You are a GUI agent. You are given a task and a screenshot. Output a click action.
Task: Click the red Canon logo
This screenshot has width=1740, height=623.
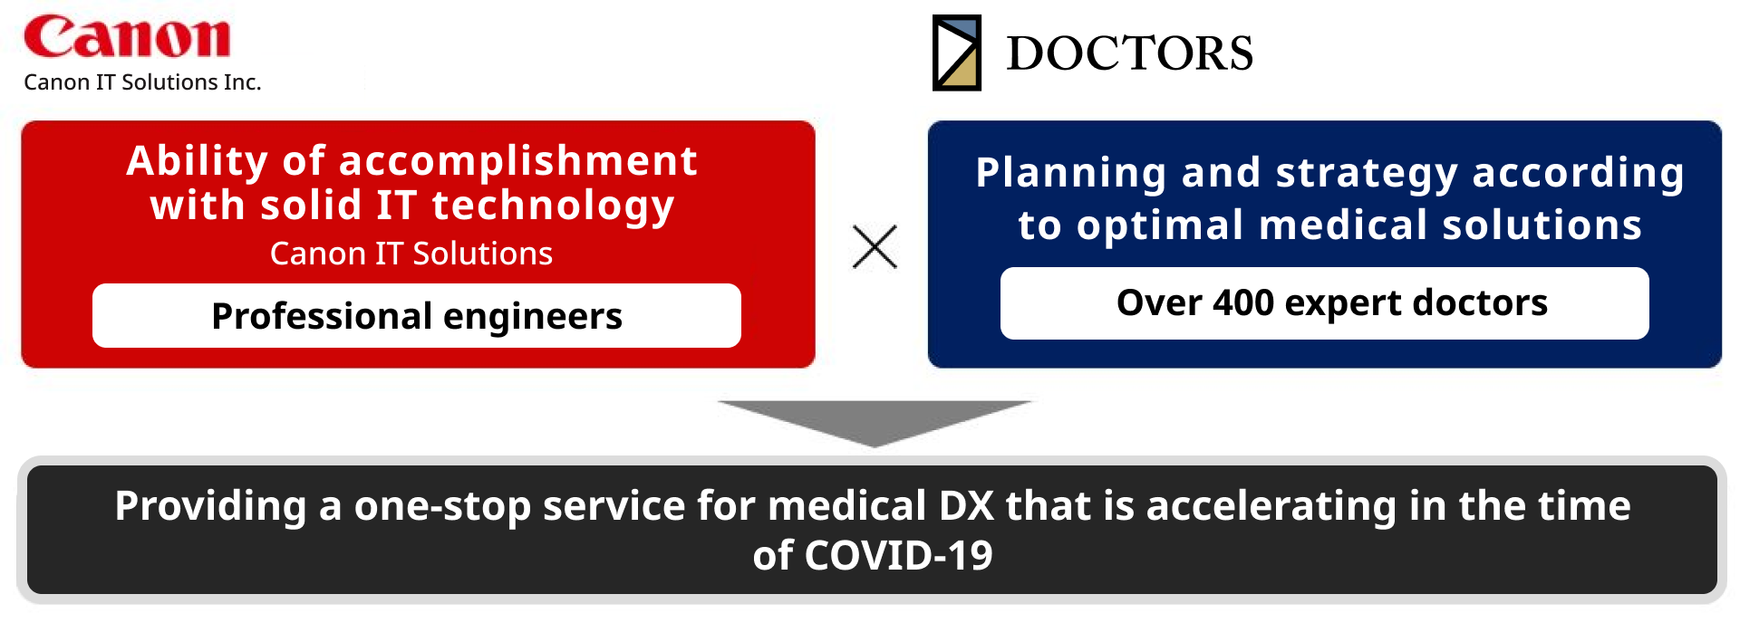pyautogui.click(x=127, y=37)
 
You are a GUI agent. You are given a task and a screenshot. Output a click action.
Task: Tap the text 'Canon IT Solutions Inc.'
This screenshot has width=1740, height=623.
pyautogui.click(x=142, y=82)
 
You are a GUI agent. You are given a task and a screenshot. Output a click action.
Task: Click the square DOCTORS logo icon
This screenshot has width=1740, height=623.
pyautogui.click(x=957, y=53)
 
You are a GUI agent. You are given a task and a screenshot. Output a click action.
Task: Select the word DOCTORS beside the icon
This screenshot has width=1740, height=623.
pyautogui.click(x=1129, y=53)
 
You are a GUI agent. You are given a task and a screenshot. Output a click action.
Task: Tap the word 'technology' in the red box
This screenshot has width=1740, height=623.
pyautogui.click(x=553, y=206)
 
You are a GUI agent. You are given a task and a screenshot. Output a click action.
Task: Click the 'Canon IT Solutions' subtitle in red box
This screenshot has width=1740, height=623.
pyautogui.click(x=411, y=254)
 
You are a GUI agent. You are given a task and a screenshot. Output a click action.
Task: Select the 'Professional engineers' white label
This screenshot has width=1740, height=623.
pyautogui.click(x=417, y=316)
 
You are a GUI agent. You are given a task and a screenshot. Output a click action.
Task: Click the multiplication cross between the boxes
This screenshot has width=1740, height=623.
pyautogui.click(x=875, y=246)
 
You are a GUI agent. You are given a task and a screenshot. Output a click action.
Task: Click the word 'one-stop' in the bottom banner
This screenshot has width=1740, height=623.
pyautogui.click(x=441, y=506)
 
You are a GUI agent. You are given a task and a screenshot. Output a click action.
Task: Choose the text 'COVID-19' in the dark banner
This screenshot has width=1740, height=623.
pyautogui.click(x=898, y=556)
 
